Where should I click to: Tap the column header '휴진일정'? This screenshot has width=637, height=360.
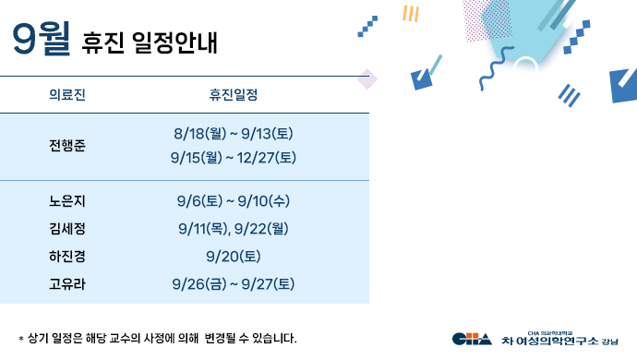coord(234,95)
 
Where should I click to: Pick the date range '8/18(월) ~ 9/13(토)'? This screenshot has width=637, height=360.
coord(234,134)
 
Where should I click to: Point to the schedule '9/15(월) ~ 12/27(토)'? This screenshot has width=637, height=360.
coord(234,158)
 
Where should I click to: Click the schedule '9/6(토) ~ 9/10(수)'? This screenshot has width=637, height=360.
coord(234,201)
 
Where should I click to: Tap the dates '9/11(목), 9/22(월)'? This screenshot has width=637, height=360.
coord(234,228)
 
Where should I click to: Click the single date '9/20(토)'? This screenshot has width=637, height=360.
coord(234,256)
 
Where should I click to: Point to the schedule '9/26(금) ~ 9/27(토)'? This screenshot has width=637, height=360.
coord(234,283)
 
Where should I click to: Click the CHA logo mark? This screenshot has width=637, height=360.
coord(472,339)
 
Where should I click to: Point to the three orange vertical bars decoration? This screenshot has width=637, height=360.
coord(411,13)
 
